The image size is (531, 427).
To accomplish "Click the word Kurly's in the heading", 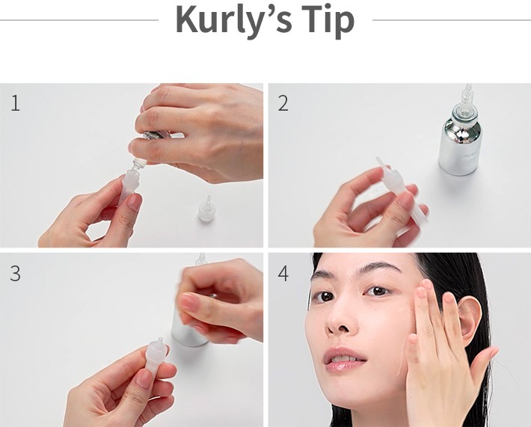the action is coord(233,21).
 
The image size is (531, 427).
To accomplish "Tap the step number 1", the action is coord(16,103).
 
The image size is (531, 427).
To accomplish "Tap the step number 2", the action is coord(283,103).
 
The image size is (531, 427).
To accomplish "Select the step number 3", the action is coord(15,273).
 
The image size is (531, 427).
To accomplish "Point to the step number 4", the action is coord(283,274).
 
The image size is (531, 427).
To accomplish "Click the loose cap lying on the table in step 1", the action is coord(205,209).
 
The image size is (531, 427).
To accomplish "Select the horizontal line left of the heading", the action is coord(79,20).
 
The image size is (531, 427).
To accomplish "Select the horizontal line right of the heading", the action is coord(452,20).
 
